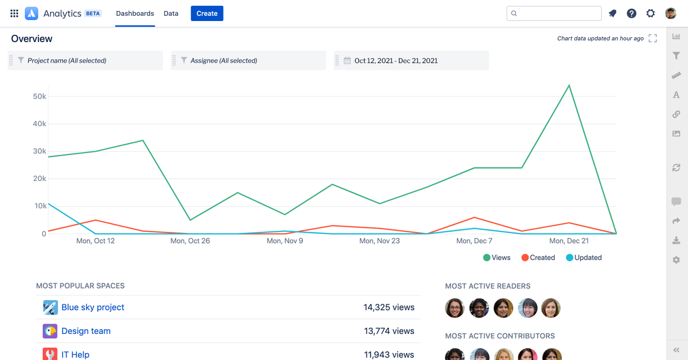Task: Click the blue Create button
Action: (x=207, y=13)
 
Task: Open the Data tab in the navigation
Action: (x=171, y=13)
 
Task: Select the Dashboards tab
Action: (x=135, y=13)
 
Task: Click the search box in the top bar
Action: (x=554, y=13)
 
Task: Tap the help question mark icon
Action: (x=632, y=13)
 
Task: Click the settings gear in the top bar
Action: (x=651, y=13)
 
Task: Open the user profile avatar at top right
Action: (x=671, y=13)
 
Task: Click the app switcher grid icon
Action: (x=14, y=13)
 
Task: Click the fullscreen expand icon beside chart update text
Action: (x=653, y=38)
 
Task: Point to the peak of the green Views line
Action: (x=569, y=86)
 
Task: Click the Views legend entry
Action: (x=497, y=258)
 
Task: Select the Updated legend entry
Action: (x=584, y=258)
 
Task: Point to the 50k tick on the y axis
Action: (x=39, y=96)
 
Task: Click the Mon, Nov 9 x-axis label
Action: (x=285, y=241)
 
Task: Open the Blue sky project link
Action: (x=93, y=307)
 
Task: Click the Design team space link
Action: (x=86, y=331)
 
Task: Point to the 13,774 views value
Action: (x=389, y=331)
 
